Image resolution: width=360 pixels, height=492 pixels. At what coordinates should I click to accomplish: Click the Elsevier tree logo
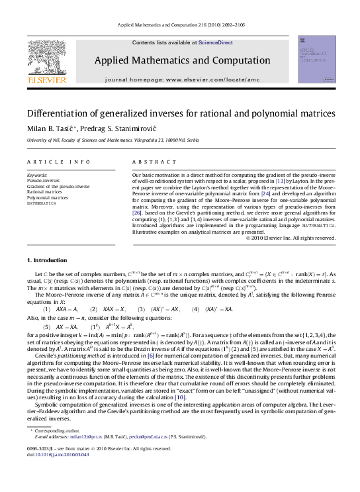(46, 58)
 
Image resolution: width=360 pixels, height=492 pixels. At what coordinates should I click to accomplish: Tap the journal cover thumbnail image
(316, 60)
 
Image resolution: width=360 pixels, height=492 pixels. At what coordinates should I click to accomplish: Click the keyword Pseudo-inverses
(41, 180)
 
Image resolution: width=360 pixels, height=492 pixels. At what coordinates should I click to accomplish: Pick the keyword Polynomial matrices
(47, 197)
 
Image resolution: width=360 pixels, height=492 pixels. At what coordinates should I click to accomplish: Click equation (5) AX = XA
(61, 327)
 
